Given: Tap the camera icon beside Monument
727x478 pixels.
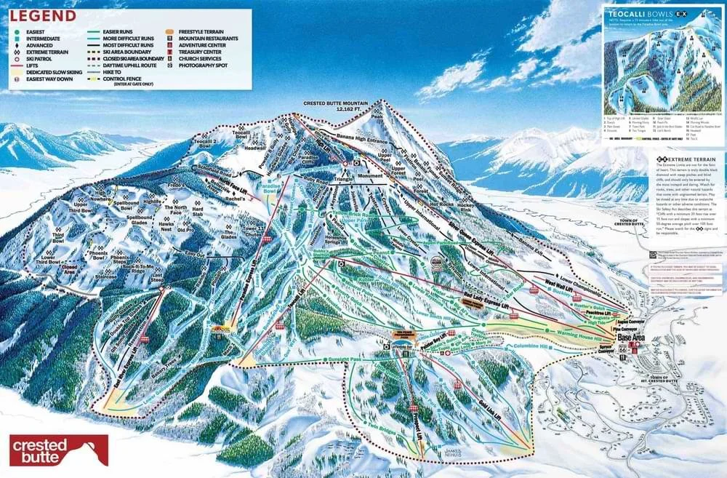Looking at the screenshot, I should tap(357, 164).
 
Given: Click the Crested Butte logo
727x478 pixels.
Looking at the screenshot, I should tap(59, 450).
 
